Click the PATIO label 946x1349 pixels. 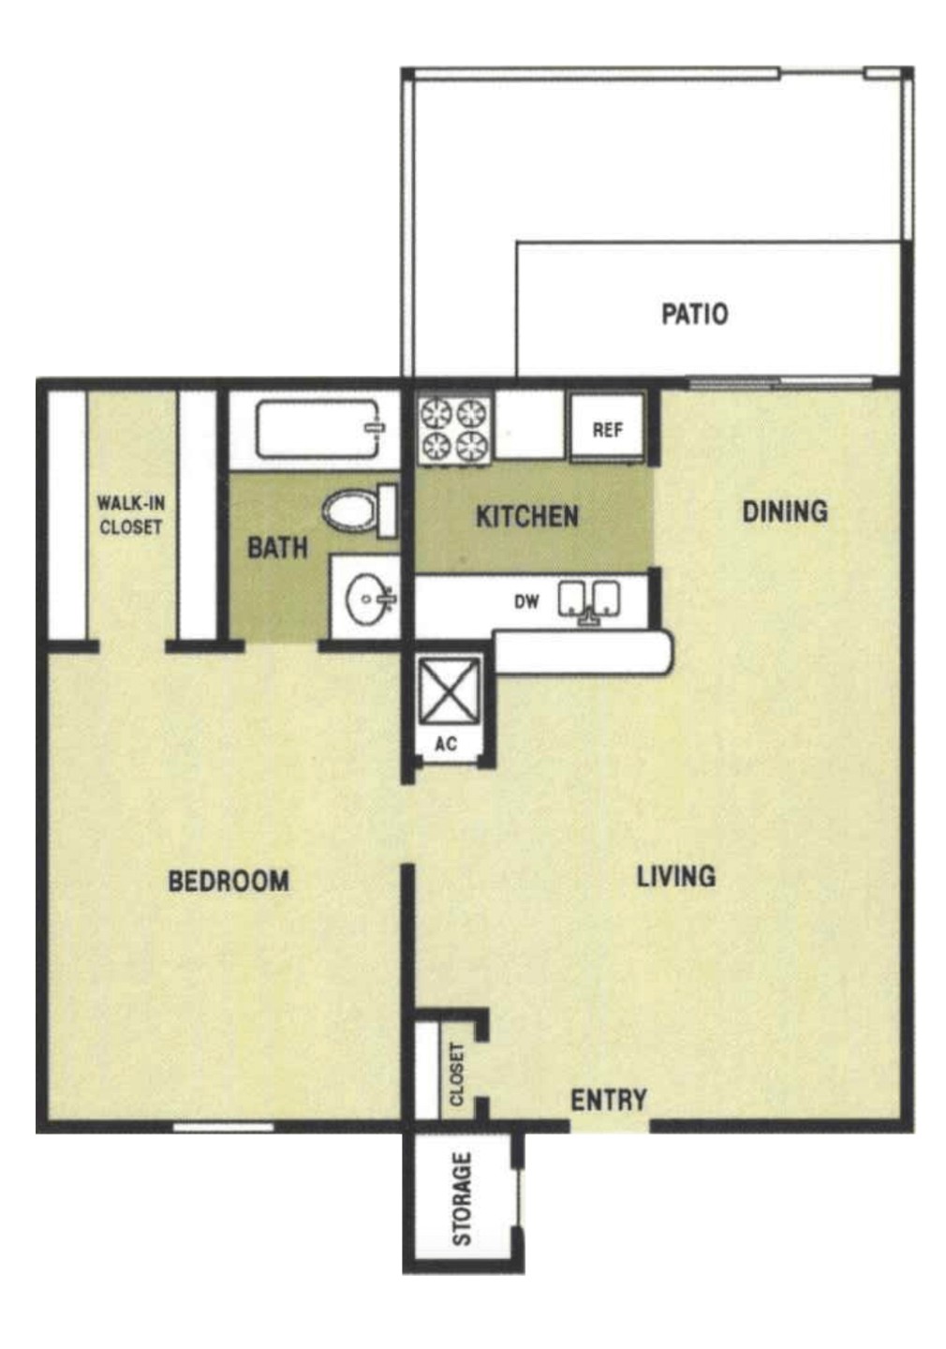(694, 313)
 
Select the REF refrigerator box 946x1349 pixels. (607, 429)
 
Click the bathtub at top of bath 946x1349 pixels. (318, 429)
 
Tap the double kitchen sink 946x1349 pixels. (589, 600)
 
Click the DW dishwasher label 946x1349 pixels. (526, 601)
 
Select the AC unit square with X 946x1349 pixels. (449, 691)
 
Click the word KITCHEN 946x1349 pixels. (526, 516)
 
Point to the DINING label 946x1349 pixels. (785, 511)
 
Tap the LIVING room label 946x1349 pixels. (675, 876)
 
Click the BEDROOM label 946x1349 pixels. (228, 881)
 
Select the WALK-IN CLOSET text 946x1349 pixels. (131, 515)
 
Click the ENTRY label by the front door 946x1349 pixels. (609, 1099)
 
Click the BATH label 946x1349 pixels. (277, 547)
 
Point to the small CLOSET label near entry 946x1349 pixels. (457, 1074)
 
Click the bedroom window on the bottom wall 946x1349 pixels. (224, 1127)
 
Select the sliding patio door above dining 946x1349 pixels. (779, 381)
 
